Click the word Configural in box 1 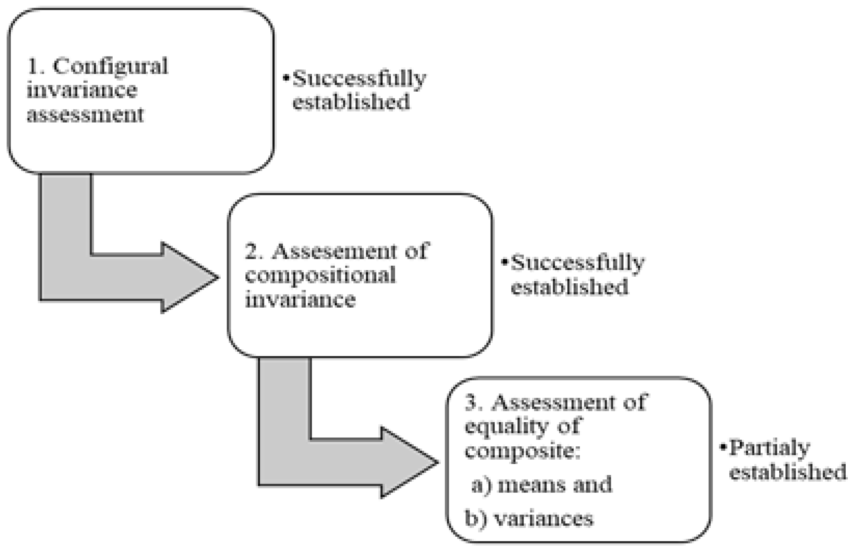tap(110, 66)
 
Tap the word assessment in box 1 tap(85, 115)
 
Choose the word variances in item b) tap(543, 518)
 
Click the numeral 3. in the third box tap(474, 403)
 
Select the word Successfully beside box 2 tap(577, 262)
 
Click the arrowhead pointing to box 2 tap(189, 278)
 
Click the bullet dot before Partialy tap(723, 447)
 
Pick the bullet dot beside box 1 tap(286, 77)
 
